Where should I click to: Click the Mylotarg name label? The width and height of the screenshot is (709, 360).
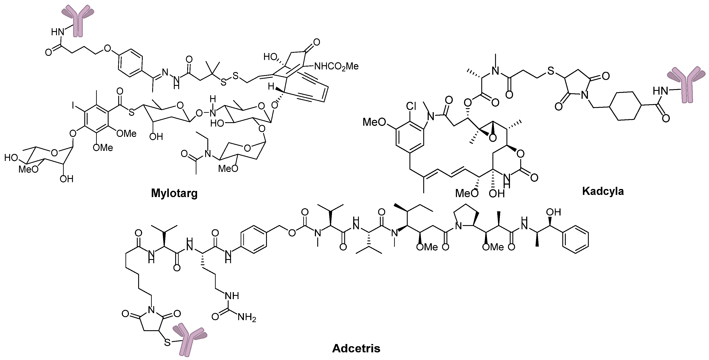pos(174,194)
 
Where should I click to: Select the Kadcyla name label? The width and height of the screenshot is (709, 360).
pos(603,191)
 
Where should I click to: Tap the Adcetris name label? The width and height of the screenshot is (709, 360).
pos(356,348)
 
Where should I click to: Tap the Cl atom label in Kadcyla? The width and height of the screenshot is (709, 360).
pos(411,106)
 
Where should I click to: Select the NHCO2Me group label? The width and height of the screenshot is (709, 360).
pos(336,66)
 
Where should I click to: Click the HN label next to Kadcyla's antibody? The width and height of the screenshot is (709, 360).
pos(661,90)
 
